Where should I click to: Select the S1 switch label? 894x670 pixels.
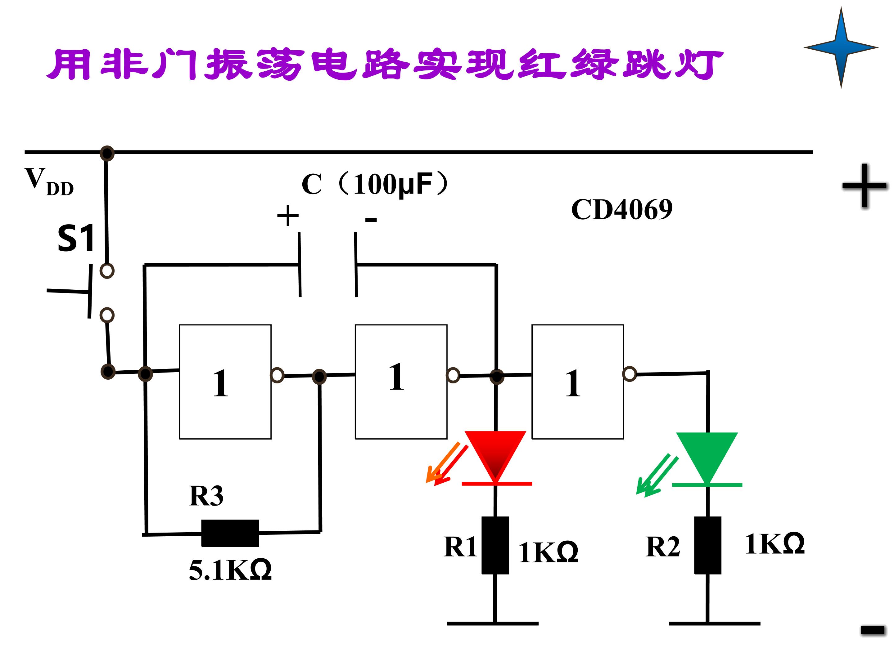point(76,238)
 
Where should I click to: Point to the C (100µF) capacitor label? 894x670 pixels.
point(375,184)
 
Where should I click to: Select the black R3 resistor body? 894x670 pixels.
point(230,533)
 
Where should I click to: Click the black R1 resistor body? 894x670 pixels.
point(495,545)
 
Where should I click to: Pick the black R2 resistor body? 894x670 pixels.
point(708,545)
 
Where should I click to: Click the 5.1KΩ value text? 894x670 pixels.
point(230,570)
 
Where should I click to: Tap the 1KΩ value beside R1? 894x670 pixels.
point(549,552)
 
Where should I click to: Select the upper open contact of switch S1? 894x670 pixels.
point(107,270)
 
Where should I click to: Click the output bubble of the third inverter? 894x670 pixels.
point(630,373)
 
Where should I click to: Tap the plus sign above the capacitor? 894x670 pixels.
point(288,216)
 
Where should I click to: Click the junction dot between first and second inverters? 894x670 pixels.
point(319,377)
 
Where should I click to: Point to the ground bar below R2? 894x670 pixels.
point(715,623)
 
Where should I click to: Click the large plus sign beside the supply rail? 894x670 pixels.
point(864,186)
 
